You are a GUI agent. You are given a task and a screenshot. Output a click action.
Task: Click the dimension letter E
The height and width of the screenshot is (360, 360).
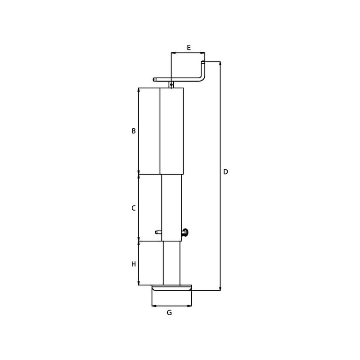(189, 48)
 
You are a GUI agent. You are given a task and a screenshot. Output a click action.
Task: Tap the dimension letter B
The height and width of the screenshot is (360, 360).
(134, 131)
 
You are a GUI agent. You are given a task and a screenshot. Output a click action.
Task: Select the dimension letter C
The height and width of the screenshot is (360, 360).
(133, 208)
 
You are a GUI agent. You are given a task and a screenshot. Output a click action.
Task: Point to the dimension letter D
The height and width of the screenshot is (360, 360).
(225, 172)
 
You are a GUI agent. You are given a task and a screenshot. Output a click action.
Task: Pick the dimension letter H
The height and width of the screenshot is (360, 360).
(134, 264)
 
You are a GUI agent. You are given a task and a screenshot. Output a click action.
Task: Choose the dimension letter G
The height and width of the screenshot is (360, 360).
(169, 312)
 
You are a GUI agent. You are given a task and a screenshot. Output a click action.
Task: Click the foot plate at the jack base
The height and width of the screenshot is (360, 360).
(172, 288)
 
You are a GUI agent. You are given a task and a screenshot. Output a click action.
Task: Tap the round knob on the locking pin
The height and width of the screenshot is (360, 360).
(185, 232)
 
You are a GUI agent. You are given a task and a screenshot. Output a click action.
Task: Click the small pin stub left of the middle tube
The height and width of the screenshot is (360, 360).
(158, 232)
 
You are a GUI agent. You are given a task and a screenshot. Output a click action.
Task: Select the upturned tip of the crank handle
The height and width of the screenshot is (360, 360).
(203, 62)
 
